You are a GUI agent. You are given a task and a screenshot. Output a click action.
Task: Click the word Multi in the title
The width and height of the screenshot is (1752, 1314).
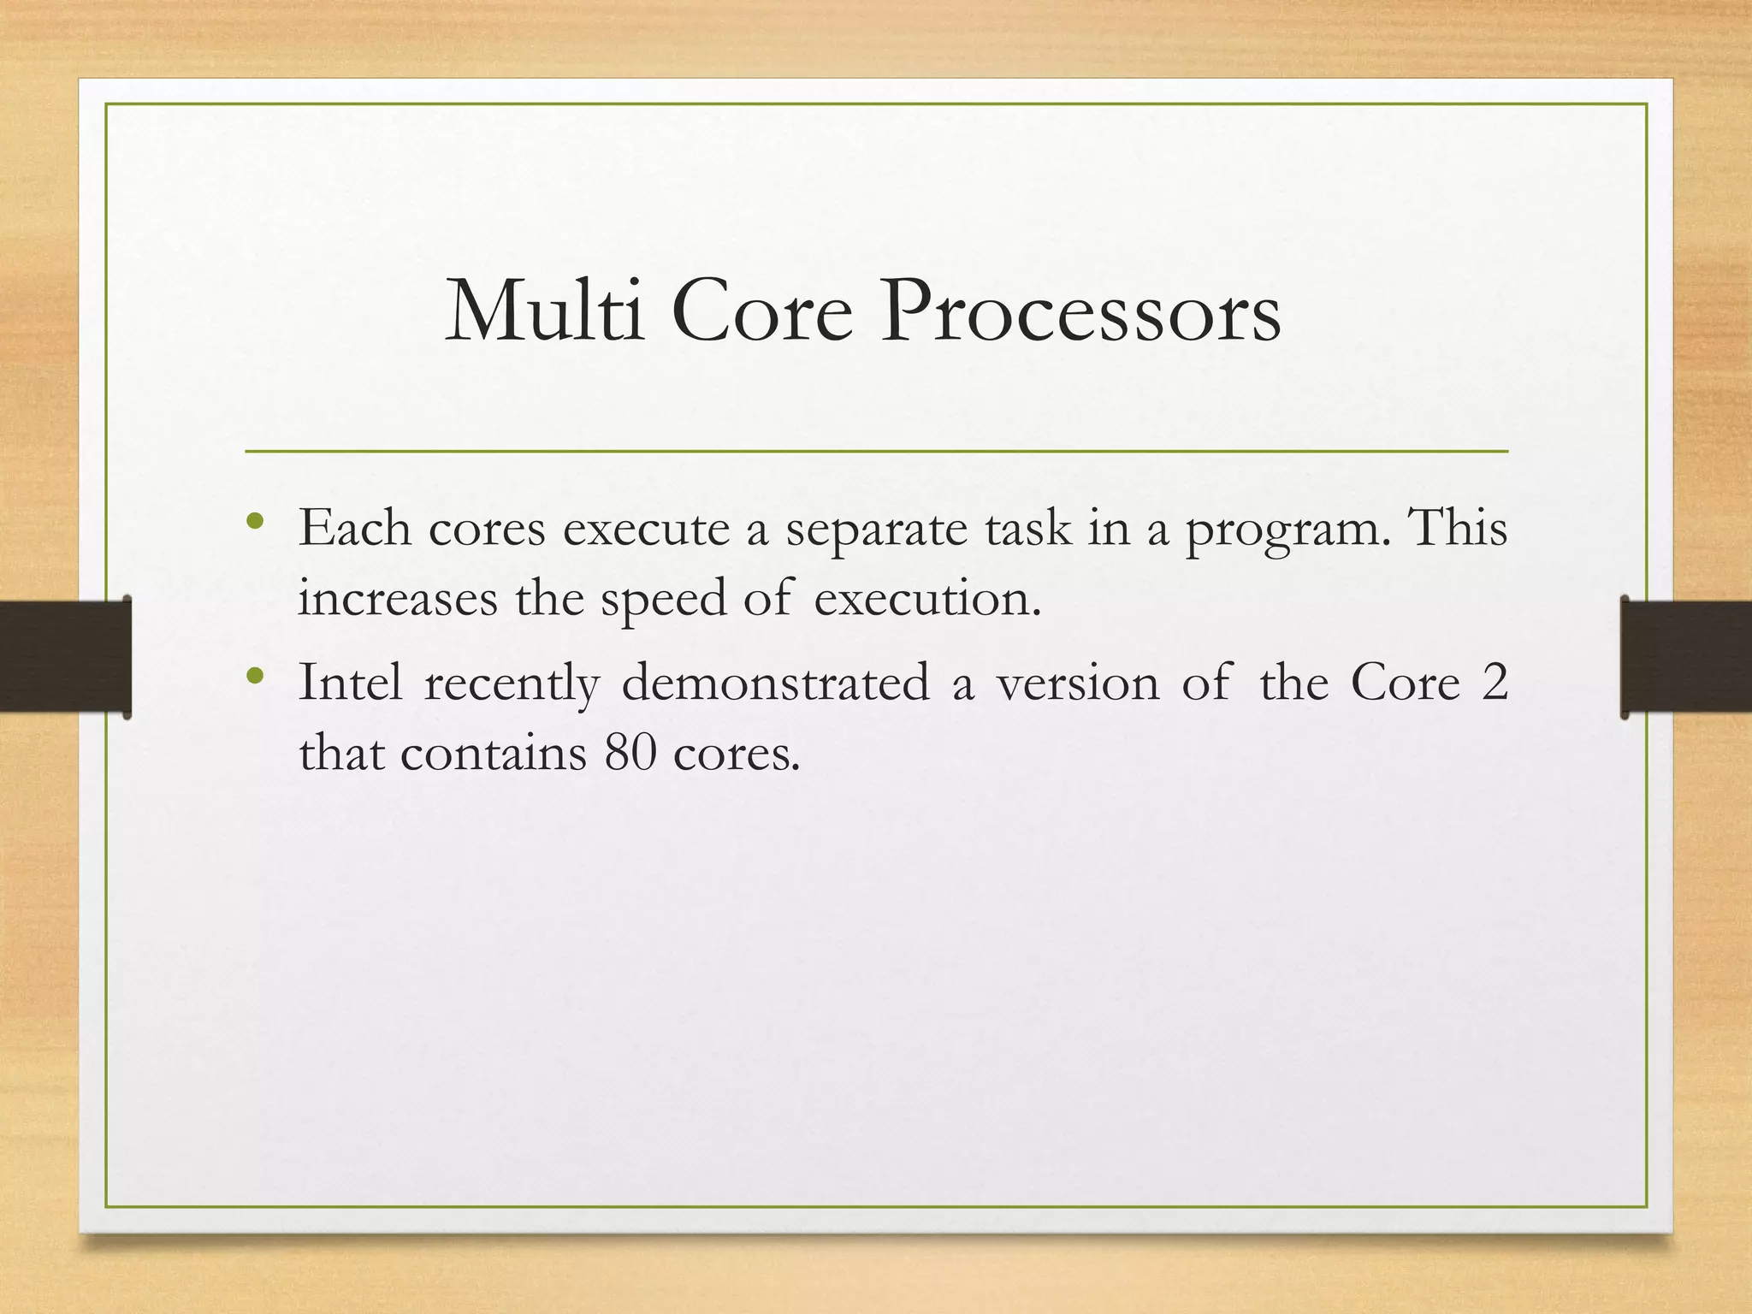coord(544,311)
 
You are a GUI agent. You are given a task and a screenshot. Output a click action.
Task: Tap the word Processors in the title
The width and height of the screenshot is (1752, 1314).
coord(1081,311)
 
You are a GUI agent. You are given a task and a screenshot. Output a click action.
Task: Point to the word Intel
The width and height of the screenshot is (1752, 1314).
coord(350,684)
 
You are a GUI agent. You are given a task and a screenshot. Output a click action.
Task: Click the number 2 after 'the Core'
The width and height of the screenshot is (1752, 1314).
coord(1494,684)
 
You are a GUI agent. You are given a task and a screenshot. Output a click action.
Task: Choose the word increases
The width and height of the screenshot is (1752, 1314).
coord(398,599)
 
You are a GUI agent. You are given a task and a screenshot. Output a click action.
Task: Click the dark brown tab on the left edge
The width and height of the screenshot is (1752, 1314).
coord(65,656)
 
